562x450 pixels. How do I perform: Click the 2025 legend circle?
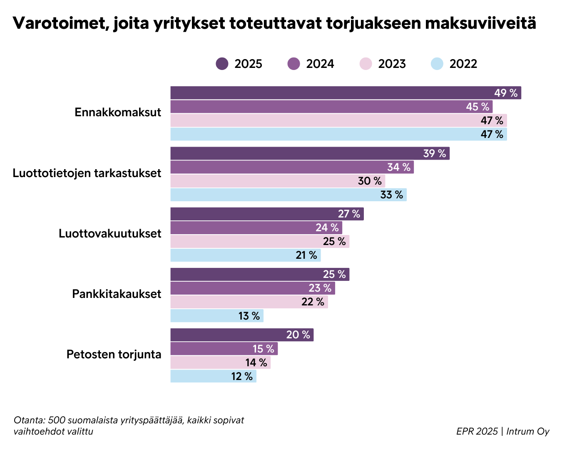pos(222,64)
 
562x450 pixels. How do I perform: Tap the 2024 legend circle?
pos(294,64)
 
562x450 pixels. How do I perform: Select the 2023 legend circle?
pos(366,64)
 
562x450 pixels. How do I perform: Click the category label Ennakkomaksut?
pos(118,112)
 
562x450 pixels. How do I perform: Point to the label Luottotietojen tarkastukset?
pos(87,173)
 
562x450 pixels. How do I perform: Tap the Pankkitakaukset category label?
pos(117,294)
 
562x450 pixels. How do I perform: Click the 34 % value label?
pos(399,167)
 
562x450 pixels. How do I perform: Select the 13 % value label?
pos(249,316)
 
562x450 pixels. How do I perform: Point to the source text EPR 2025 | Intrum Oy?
pos(502,431)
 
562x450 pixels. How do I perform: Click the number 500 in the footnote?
pos(56,420)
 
